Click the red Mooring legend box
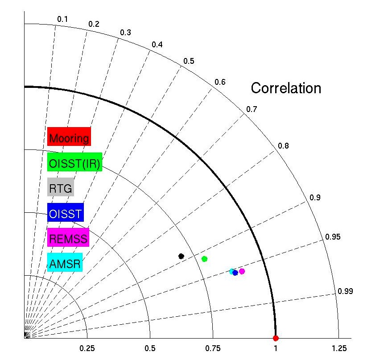click(69, 137)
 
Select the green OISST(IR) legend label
click(75, 162)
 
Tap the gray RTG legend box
click(61, 187)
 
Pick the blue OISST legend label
click(65, 213)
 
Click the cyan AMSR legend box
click(65, 263)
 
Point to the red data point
click(276, 338)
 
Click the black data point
click(181, 256)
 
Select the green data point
click(205, 259)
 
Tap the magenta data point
click(242, 271)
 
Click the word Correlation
click(286, 88)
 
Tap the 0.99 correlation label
click(345, 292)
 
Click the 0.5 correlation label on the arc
click(189, 61)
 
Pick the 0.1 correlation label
click(62, 19)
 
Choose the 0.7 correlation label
click(252, 109)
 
